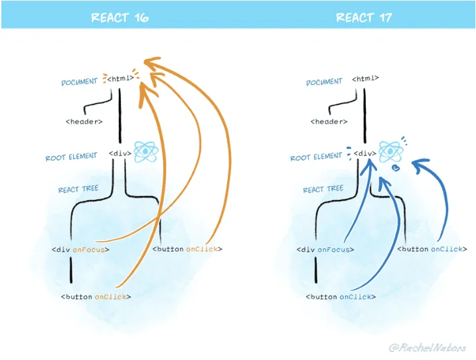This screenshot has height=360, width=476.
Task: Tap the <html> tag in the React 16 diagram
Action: pos(120,79)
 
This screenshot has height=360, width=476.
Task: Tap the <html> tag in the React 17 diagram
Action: pos(364,78)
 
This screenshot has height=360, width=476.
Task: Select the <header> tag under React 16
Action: pos(84,122)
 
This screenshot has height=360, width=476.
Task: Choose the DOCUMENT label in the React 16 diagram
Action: pos(79,82)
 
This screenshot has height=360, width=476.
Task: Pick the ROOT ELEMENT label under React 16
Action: pos(73,157)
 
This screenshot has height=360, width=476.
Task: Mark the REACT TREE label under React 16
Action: pos(78,189)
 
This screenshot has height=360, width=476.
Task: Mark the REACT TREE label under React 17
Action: pos(322,190)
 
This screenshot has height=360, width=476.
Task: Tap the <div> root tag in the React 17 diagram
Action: pos(364,153)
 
